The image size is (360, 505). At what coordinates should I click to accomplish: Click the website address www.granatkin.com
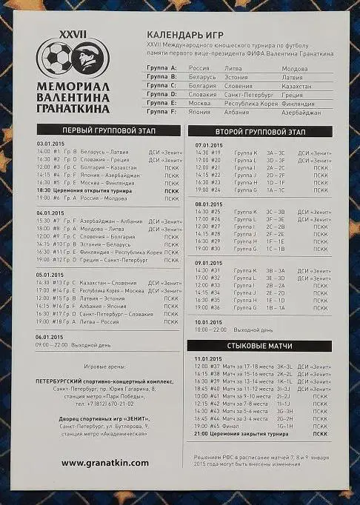click(104, 462)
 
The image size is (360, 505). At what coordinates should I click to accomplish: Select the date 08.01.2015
click(210, 204)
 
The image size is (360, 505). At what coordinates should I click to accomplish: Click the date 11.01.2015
click(210, 359)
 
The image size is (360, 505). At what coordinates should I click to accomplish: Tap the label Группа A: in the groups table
click(162, 68)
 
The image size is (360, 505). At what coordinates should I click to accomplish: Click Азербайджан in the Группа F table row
click(301, 113)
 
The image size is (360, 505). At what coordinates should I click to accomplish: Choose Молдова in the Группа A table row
click(295, 68)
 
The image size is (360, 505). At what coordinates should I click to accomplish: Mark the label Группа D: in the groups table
click(162, 95)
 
